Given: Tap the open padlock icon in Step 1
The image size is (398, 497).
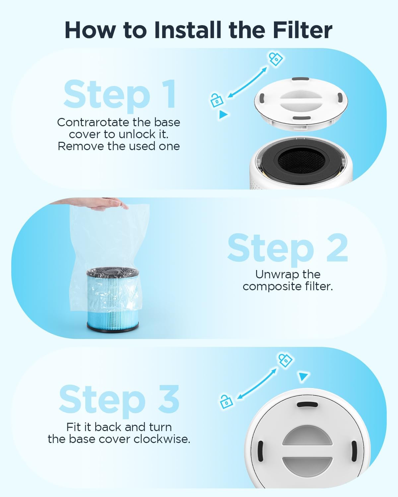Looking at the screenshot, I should point(216,100).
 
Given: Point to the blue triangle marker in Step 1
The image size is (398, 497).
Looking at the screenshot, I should point(224,115).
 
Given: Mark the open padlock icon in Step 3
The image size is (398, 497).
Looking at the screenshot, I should point(226,402).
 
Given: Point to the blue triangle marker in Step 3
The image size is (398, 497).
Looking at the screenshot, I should point(303,376).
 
